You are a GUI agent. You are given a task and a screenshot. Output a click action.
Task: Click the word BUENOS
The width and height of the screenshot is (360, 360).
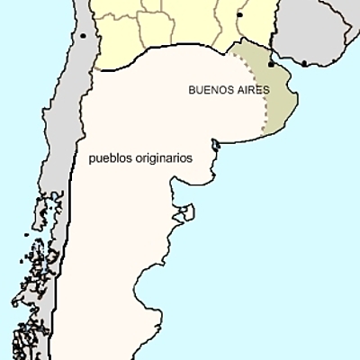pos(209,91)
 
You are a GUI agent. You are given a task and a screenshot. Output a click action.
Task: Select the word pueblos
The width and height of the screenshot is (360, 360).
pos(112,157)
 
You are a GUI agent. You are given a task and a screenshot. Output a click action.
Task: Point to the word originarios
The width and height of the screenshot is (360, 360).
pos(164,157)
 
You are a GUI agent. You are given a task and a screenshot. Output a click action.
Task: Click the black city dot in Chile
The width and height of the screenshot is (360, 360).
pos(83,37)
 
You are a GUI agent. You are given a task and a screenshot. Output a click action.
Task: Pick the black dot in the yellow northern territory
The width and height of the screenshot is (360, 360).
pos(239,15)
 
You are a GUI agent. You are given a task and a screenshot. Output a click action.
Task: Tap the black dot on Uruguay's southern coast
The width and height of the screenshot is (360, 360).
pos(304,63)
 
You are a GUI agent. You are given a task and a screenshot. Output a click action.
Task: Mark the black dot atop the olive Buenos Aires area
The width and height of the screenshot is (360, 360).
pos(270,64)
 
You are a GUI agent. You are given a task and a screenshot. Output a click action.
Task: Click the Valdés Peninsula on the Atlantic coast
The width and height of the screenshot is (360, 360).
pos(185,212)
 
